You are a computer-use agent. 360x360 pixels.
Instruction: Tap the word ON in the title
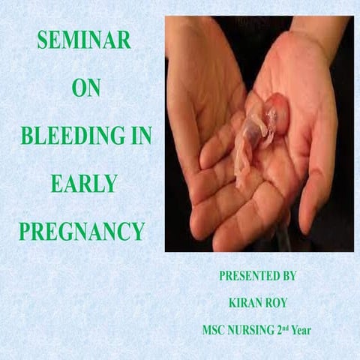pos(84,90)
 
